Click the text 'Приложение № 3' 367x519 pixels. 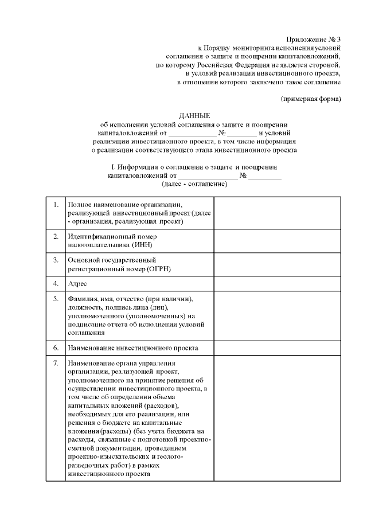click(x=315, y=39)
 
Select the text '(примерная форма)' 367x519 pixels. click(x=311, y=99)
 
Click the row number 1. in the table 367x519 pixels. click(x=55, y=205)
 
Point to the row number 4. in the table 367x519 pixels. click(x=55, y=283)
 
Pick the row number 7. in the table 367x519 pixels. click(x=55, y=363)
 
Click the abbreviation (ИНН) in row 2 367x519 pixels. click(x=140, y=245)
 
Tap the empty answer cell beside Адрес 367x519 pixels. click(x=278, y=283)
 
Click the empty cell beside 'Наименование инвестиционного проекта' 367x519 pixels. click(x=278, y=348)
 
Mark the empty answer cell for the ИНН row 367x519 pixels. click(x=278, y=241)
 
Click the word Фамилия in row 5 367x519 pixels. click(x=84, y=300)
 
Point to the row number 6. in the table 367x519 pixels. click(x=55, y=348)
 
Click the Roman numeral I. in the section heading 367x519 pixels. click(x=113, y=167)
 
